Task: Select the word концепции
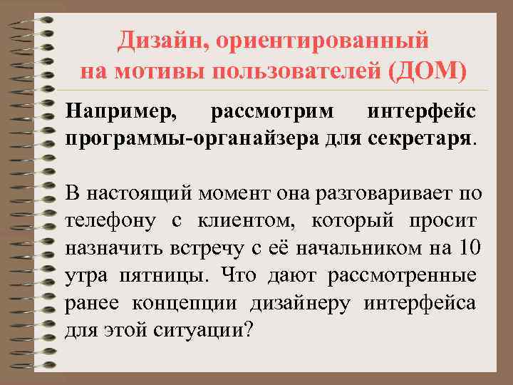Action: pyautogui.click(x=185, y=303)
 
